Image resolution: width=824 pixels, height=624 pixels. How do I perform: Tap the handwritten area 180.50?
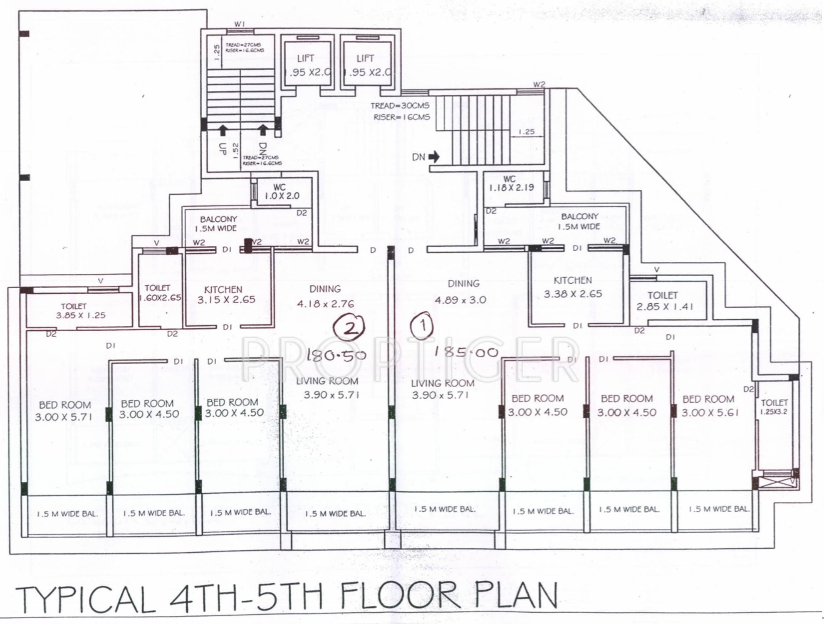337,355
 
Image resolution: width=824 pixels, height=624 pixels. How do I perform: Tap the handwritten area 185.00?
466,352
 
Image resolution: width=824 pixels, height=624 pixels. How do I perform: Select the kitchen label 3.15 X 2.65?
226,300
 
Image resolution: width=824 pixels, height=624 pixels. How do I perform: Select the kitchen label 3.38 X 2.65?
573,294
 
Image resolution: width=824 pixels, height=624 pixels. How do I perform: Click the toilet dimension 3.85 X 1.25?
81,315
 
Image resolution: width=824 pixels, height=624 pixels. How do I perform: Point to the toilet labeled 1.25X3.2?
774,412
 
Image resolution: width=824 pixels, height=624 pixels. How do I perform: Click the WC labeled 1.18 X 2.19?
511,188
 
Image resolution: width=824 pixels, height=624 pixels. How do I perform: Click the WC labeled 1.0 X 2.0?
282,196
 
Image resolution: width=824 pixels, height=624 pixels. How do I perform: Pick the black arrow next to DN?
434,157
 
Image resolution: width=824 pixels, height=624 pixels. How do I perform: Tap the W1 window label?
239,24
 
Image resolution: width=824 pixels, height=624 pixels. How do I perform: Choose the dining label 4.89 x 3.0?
460,300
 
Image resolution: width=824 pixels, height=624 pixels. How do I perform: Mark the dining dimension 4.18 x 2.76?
325,304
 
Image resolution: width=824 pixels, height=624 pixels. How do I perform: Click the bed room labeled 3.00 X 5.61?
710,412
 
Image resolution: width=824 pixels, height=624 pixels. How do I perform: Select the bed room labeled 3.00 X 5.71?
63,417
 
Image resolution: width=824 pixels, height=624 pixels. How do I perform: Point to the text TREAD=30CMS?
400,106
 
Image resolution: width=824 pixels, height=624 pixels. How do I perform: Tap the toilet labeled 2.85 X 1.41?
664,307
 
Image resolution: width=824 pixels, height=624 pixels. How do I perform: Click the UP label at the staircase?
223,149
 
